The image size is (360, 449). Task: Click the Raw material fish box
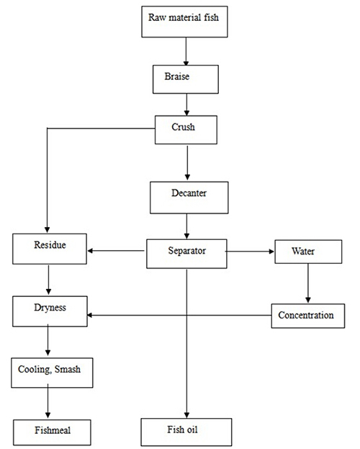[x=184, y=22]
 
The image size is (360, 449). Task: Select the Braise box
[x=186, y=79]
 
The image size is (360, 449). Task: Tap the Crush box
[x=186, y=130]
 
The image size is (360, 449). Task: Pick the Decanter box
[x=189, y=197]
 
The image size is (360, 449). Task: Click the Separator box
[x=186, y=254]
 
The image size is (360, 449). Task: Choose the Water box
[x=308, y=252]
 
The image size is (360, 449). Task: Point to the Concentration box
[x=308, y=316]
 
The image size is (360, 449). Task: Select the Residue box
[x=50, y=249]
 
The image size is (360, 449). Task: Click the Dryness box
[x=50, y=311]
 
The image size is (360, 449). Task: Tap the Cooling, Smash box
[x=52, y=373]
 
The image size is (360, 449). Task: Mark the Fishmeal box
[x=52, y=432]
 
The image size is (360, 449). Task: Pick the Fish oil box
[x=186, y=432]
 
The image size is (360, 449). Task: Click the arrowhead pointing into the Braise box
[x=186, y=63]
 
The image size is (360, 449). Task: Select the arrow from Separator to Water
[x=250, y=252]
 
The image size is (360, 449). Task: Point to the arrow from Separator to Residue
[x=116, y=251]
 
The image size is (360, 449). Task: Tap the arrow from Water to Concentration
[x=308, y=283]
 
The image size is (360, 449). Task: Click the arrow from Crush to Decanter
[x=187, y=163]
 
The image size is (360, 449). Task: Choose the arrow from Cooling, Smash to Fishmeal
[x=48, y=401]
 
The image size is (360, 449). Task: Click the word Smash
[x=68, y=369]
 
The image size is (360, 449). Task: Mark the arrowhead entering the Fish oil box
[x=187, y=415]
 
